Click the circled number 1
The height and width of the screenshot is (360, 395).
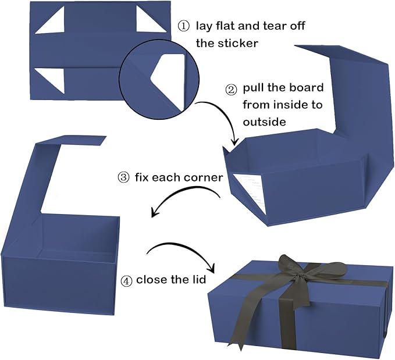coord(183,26)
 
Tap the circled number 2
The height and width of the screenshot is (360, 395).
coord(231,90)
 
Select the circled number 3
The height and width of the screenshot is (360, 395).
coord(124,177)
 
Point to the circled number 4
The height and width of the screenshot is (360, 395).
coord(126,281)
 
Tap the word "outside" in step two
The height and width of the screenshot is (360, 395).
coord(265,122)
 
